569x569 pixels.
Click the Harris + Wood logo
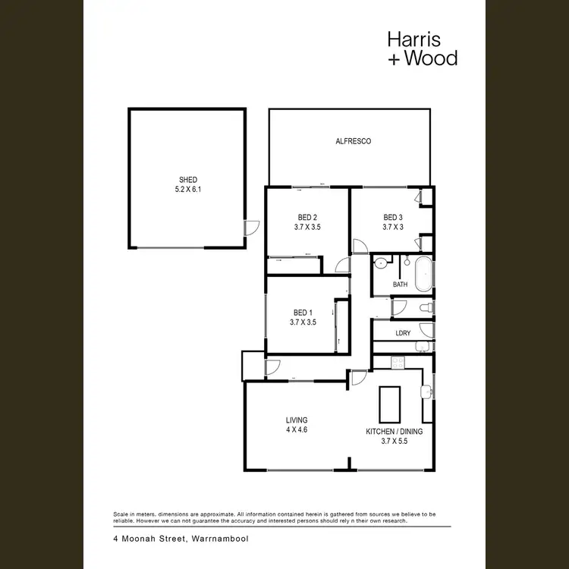422,47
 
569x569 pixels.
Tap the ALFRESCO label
353,141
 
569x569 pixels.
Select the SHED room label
187,180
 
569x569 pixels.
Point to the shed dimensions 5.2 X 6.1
187,190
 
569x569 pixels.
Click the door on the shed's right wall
251,227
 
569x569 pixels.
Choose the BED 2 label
307,216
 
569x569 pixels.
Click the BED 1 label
302,313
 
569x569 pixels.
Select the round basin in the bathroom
381,265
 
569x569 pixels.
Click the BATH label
400,284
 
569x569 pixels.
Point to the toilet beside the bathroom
426,307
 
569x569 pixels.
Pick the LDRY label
403,333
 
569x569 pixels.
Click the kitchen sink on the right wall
426,391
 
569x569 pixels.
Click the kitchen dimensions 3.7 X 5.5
394,441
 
